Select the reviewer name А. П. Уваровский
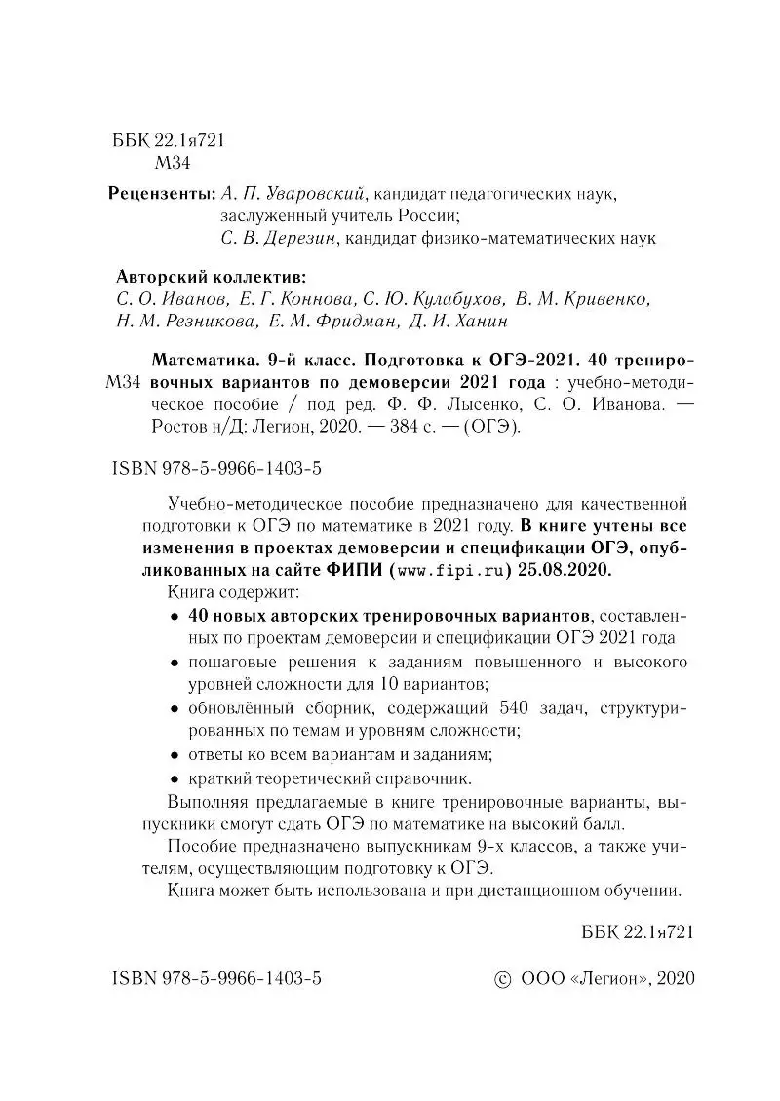[x=292, y=194]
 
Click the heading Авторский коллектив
[x=210, y=275]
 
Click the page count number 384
[x=399, y=426]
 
